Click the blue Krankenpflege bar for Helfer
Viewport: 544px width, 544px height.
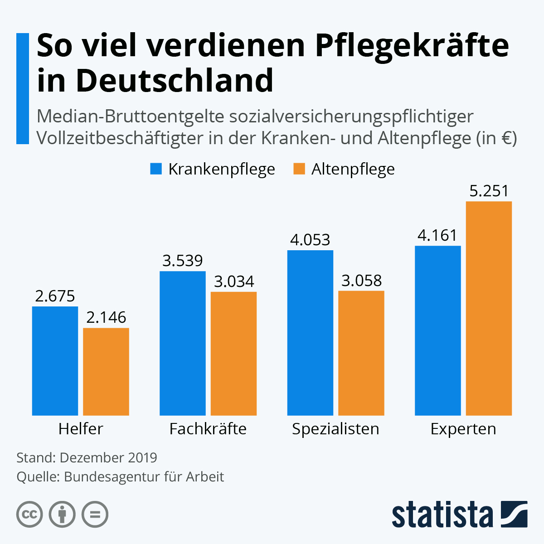click(x=55, y=361)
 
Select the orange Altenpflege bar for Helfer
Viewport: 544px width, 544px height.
click(x=106, y=372)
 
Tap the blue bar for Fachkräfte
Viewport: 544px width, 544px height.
click(x=182, y=343)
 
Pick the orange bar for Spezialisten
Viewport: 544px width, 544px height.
click(x=361, y=353)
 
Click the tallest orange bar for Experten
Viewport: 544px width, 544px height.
click(x=489, y=308)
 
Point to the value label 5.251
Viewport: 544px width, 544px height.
click(x=489, y=191)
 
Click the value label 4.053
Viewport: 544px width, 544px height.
click(x=310, y=240)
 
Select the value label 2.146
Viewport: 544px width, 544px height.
click(x=106, y=317)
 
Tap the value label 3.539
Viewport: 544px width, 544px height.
click(x=182, y=261)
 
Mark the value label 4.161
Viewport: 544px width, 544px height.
click(x=437, y=235)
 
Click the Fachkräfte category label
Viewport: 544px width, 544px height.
click(x=208, y=429)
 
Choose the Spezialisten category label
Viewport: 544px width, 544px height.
click(x=335, y=429)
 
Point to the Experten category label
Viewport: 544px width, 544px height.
click(x=463, y=429)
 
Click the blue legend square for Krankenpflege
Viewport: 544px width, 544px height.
click(x=156, y=169)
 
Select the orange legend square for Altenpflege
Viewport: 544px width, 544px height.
click(x=299, y=169)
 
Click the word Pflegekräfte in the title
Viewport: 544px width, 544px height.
click(x=412, y=45)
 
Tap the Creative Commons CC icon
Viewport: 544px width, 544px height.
click(x=29, y=515)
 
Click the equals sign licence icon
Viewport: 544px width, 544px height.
click(x=95, y=515)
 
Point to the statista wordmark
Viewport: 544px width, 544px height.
click(x=442, y=515)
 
